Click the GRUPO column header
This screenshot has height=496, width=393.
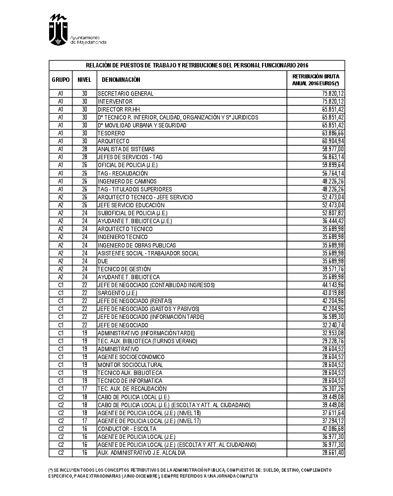click(61, 80)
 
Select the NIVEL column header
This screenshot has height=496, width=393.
click(84, 80)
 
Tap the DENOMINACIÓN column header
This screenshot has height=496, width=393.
click(121, 80)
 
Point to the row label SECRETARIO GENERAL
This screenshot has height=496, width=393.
click(126, 94)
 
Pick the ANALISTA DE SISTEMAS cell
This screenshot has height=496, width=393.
click(126, 149)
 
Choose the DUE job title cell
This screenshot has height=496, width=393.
click(103, 261)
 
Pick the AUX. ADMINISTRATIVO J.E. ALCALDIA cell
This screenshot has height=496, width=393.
click(142, 453)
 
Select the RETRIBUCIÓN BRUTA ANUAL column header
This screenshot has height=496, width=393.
click(316, 80)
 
